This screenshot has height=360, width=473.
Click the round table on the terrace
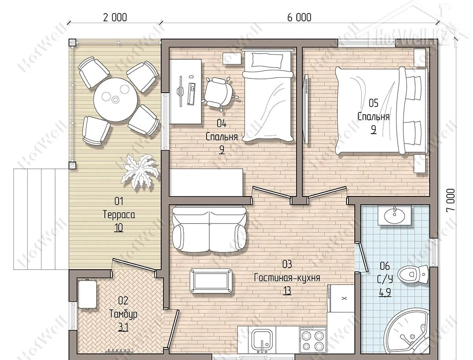coord(115,99)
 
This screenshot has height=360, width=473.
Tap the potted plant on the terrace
coord(140,172)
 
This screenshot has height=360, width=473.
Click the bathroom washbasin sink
coord(394,215)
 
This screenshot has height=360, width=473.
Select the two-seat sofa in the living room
coord(209,229)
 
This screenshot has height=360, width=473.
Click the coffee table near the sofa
coord(211,281)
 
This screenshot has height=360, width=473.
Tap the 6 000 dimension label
coord(299,17)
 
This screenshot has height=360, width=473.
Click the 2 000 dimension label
coord(115,17)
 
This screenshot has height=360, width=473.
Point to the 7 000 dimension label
coord(451,200)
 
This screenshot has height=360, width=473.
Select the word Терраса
coord(119,214)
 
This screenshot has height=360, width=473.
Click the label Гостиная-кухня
coord(287,278)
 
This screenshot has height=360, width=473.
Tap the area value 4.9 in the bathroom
coord(385,293)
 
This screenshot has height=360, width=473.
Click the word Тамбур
coord(123,314)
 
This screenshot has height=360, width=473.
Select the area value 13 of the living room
coord(287,291)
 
